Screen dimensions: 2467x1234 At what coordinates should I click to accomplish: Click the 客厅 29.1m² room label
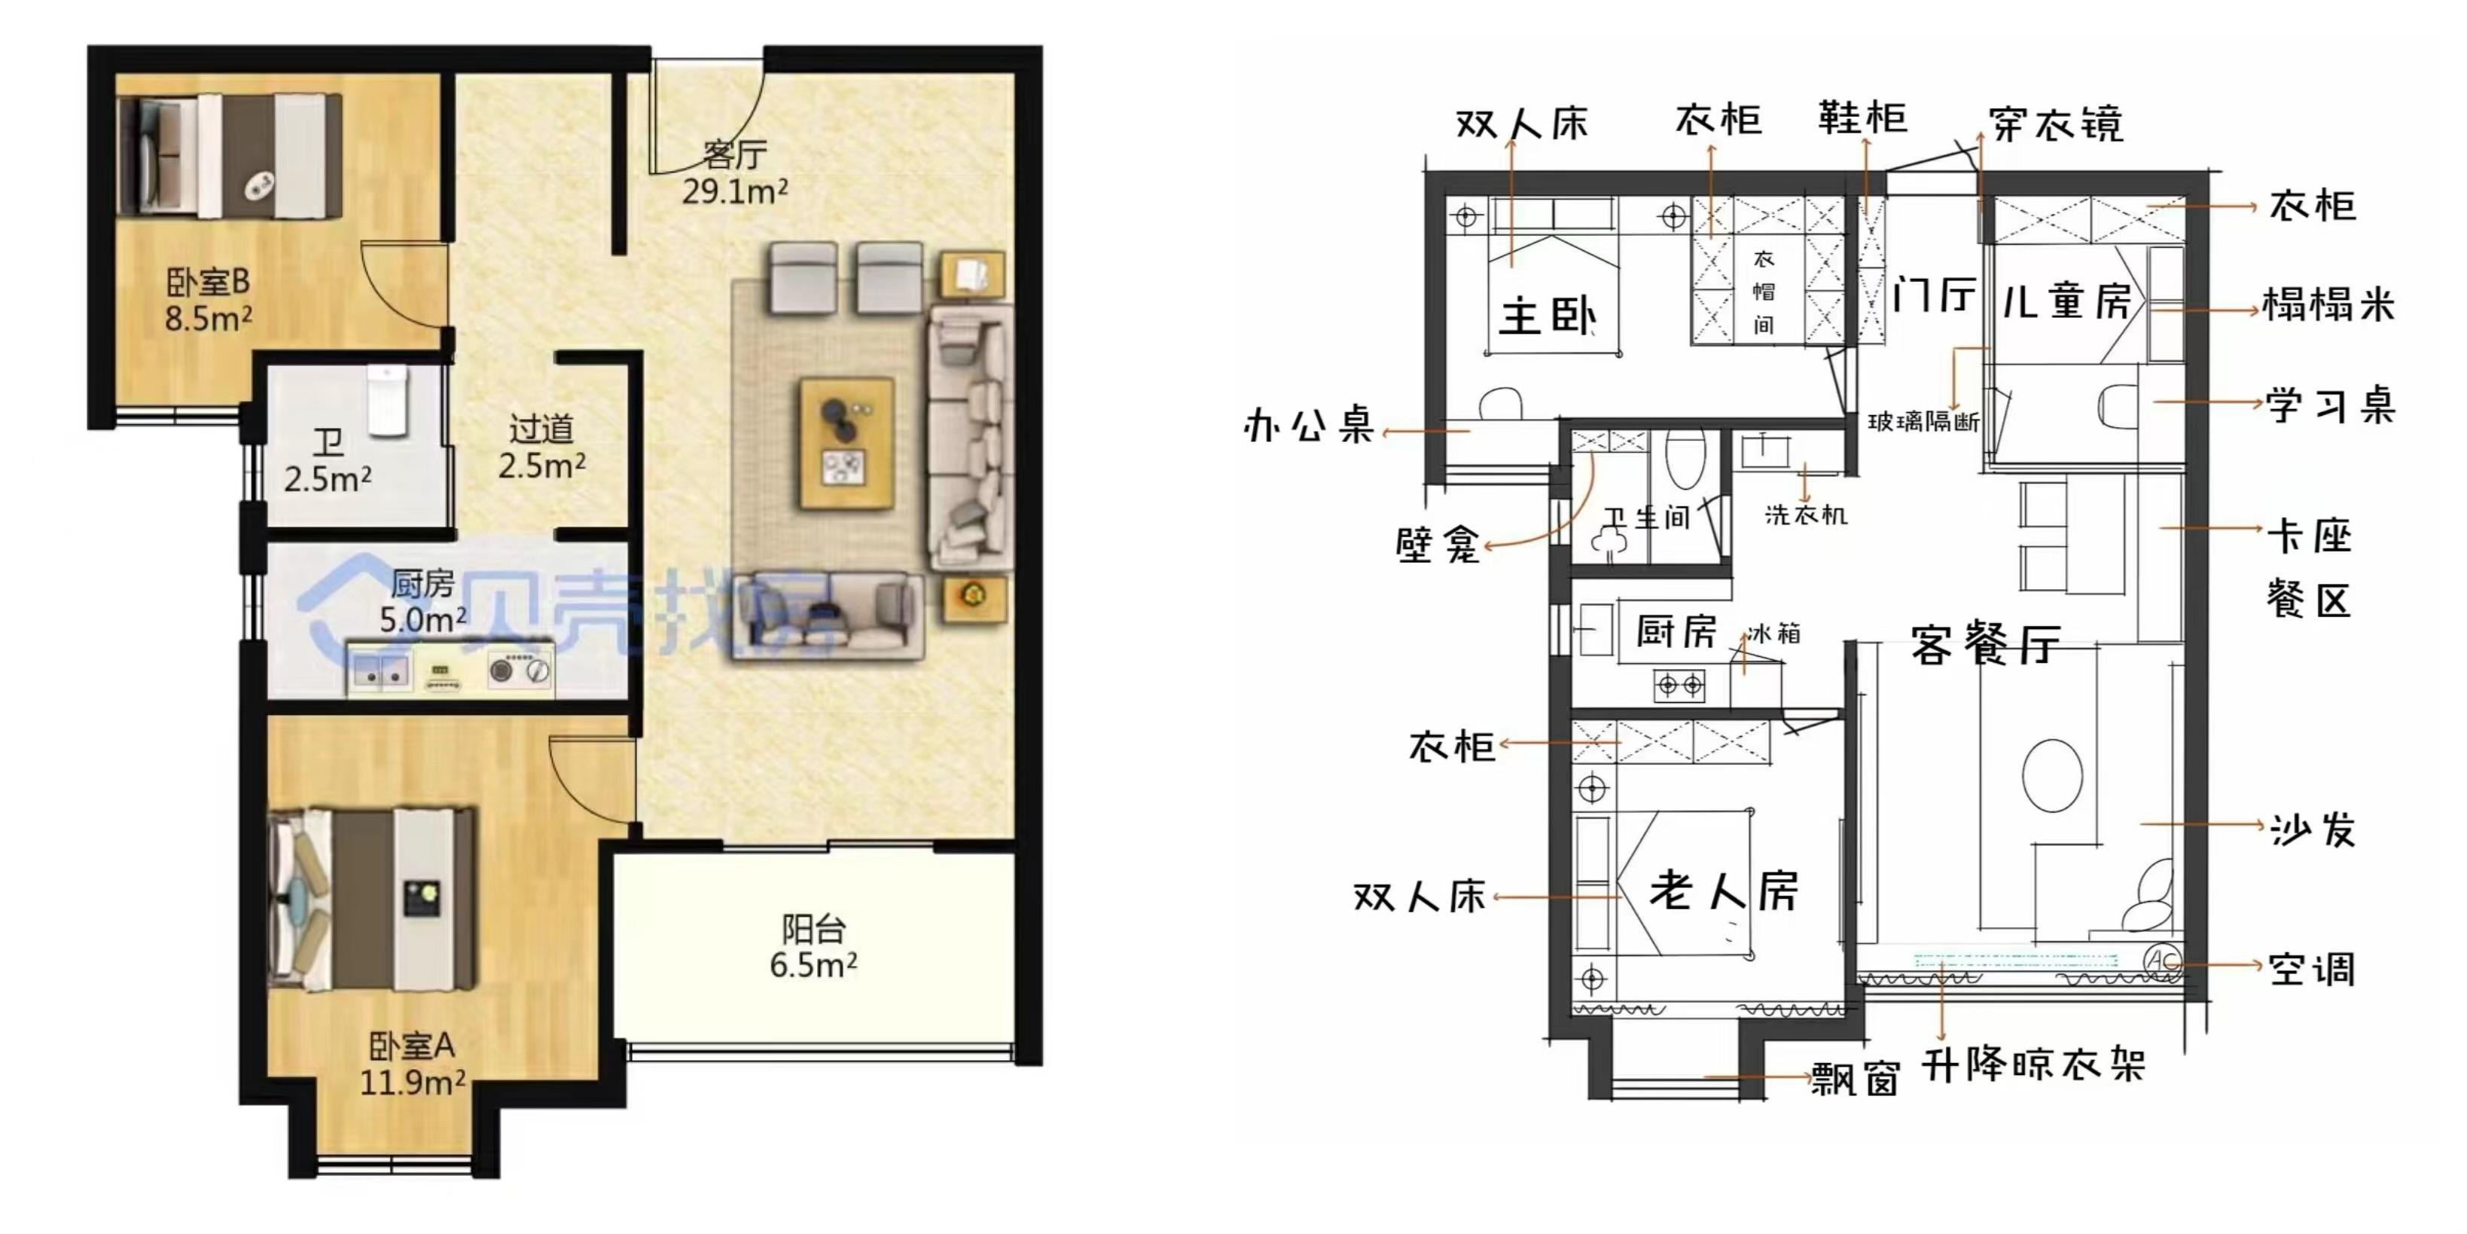[734, 173]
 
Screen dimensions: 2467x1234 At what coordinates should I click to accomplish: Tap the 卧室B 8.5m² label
[208, 299]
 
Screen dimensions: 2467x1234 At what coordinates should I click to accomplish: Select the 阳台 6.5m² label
[813, 946]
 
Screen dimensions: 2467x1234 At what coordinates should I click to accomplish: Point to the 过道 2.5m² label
[541, 447]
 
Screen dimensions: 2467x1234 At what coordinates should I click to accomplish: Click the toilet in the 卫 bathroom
[388, 401]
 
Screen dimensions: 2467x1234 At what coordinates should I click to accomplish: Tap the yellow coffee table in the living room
[846, 443]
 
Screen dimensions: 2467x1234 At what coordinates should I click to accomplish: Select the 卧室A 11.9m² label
[412, 1064]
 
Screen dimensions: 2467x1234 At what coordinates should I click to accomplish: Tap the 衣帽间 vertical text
[1764, 292]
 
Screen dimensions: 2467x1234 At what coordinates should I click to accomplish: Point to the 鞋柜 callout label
[1863, 117]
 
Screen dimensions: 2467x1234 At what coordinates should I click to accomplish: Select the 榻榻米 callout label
[2328, 304]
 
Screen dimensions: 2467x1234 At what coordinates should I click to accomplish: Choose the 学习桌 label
[2330, 406]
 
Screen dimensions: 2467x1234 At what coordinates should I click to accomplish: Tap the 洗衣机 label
[1806, 515]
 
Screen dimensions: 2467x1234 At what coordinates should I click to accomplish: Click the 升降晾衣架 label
[2033, 1065]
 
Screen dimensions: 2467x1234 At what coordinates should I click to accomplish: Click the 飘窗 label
[1855, 1080]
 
